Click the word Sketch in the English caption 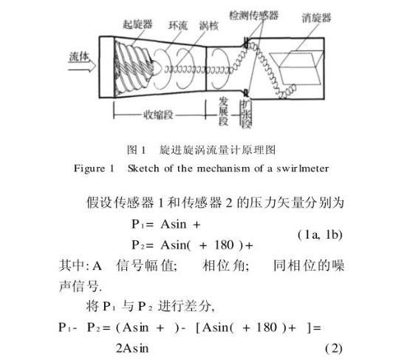tap(144, 169)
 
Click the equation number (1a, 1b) tap(324, 235)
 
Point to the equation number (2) tap(334, 347)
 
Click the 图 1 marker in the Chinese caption tap(139, 150)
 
